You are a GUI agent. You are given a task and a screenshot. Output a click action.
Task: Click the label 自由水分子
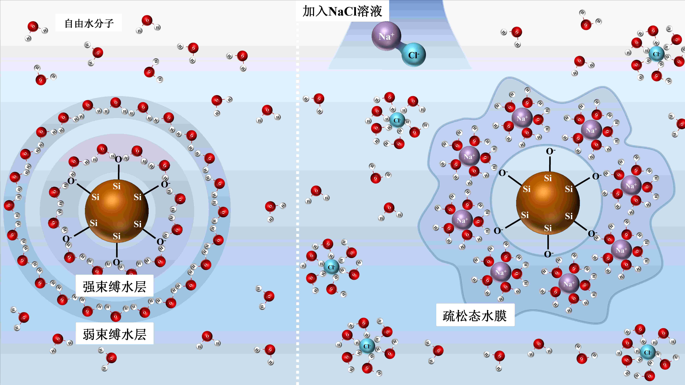pyautogui.click(x=89, y=23)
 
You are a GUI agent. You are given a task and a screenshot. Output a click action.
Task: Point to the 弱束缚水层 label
pyautogui.click(x=115, y=334)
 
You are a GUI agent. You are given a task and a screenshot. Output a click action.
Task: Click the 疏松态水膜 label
pyautogui.click(x=475, y=315)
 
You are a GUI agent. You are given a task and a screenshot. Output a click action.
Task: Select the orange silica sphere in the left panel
pyautogui.click(x=117, y=211)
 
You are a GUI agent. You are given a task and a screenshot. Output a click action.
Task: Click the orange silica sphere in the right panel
pyautogui.click(x=548, y=203)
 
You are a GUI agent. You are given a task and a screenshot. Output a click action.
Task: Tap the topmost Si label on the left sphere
pyautogui.click(x=117, y=186)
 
